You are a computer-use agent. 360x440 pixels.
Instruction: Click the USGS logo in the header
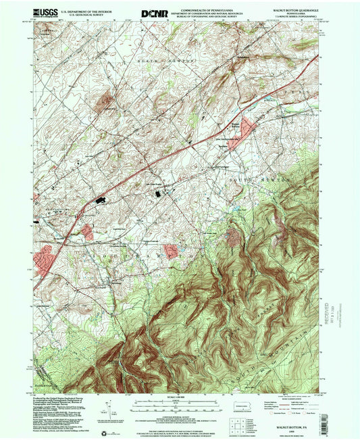pos(46,14)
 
